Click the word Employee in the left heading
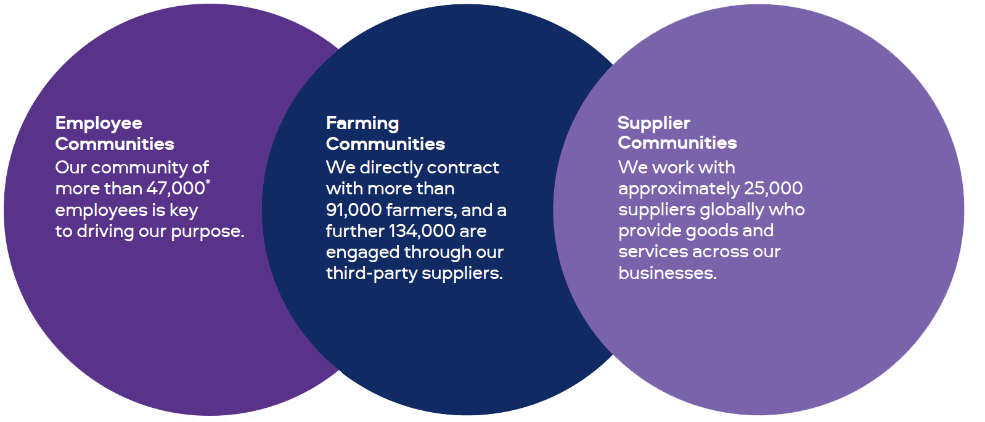click(x=99, y=123)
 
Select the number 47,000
click(x=175, y=188)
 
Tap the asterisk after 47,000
click(x=208, y=182)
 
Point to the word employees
click(x=101, y=210)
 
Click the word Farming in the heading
click(x=362, y=123)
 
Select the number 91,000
click(x=354, y=210)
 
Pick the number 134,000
click(x=422, y=231)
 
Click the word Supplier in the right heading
click(x=653, y=123)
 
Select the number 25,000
click(x=773, y=188)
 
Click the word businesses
click(x=667, y=273)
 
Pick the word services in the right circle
click(x=653, y=252)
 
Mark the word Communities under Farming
click(x=385, y=144)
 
